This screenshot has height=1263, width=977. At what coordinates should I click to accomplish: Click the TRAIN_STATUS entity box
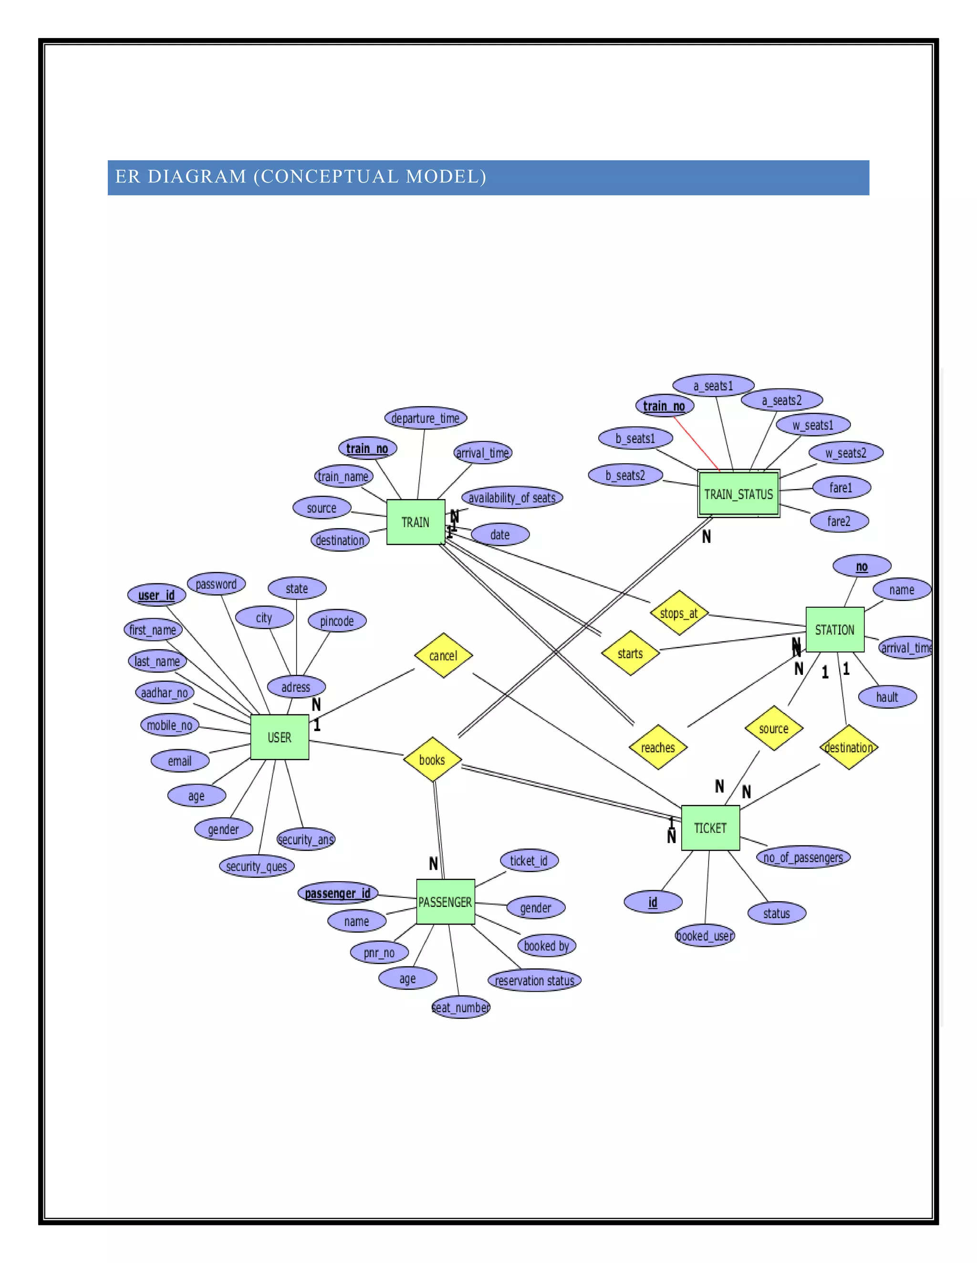coord(738,494)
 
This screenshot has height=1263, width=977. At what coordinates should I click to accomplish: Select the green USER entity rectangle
coord(280,737)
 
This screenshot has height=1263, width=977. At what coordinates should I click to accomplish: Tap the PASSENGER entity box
coord(445,902)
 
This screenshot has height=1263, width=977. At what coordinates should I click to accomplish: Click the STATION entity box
coord(835,630)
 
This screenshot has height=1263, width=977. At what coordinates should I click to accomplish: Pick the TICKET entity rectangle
coord(710,828)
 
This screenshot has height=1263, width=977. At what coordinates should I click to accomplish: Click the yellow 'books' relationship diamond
coord(432,759)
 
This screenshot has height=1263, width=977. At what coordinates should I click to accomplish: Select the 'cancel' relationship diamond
coord(443,655)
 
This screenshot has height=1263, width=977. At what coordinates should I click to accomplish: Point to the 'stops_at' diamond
coord(679,613)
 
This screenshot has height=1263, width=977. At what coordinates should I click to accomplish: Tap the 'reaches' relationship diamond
coord(658,747)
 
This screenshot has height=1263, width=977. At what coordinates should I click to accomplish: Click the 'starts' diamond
coord(630,653)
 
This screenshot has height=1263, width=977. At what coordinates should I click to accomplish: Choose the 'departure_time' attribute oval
coord(426,418)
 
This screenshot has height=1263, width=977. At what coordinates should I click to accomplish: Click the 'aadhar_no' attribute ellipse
coord(165,693)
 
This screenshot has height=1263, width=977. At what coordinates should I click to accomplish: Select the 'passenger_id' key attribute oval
coord(337,894)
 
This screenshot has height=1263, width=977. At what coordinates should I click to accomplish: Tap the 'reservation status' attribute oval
coord(534,981)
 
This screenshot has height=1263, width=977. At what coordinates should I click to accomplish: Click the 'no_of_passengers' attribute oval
coord(803,857)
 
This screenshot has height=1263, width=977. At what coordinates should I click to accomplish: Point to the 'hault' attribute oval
coord(887,697)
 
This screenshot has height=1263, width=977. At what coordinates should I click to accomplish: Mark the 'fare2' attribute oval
coord(839,521)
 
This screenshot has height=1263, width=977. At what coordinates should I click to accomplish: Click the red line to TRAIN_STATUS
coord(697,443)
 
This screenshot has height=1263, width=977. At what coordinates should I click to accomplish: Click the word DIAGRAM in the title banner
coord(197,176)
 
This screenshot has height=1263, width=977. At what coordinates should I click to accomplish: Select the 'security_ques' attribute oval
coord(256,866)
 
